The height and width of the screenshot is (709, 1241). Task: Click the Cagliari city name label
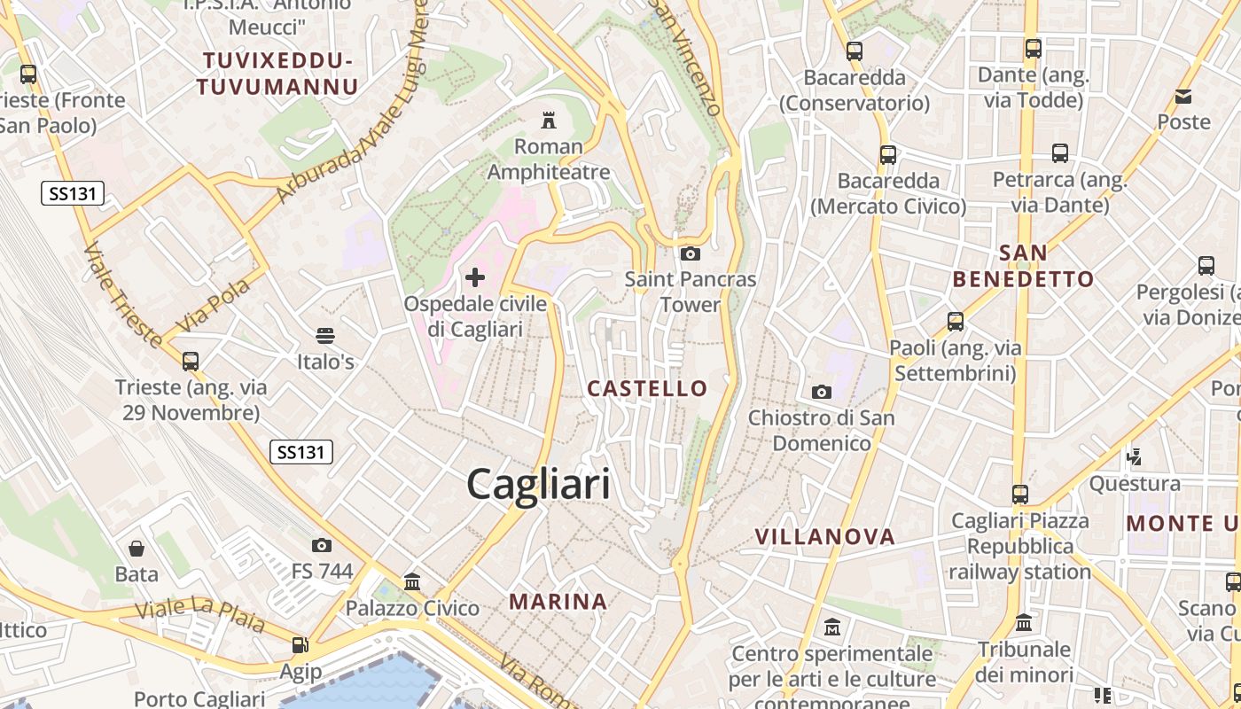tap(538, 485)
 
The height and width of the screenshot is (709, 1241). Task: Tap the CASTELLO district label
tap(647, 388)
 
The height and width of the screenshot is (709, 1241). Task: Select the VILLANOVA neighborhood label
tap(824, 536)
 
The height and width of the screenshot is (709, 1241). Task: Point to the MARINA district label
tap(558, 602)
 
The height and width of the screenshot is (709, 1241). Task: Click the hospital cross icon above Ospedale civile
tap(475, 277)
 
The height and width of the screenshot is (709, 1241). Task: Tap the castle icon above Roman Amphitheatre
tap(549, 120)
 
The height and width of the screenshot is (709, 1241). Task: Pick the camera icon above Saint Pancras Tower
tap(690, 254)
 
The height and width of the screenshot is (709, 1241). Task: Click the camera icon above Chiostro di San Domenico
tap(822, 392)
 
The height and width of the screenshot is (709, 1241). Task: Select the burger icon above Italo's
tap(324, 336)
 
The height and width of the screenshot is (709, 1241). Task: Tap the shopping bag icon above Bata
tap(137, 549)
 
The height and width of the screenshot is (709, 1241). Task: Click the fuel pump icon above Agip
tap(300, 645)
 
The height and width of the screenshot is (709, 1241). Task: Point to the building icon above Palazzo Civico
tap(412, 582)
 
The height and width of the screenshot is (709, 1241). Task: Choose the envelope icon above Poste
tap(1183, 97)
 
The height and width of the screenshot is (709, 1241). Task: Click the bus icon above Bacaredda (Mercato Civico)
tap(888, 155)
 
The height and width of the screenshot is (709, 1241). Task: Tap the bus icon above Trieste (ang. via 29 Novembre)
tap(191, 362)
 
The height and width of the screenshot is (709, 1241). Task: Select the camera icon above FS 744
tap(322, 545)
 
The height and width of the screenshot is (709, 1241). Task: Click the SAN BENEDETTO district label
tap(1023, 266)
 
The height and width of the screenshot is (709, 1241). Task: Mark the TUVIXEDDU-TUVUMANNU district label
tap(278, 74)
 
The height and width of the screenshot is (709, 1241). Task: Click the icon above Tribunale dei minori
tap(1024, 623)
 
